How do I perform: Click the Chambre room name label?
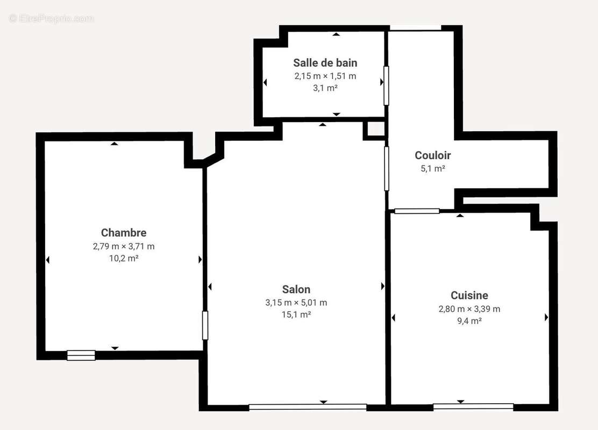point(124,233)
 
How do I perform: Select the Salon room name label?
point(296,290)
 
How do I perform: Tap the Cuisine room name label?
point(469,296)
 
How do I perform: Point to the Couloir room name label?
point(432,156)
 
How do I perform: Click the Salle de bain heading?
point(325,63)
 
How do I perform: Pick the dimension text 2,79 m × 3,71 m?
point(124,246)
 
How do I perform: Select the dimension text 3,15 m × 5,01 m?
point(296,303)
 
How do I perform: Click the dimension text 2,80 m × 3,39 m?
point(469,309)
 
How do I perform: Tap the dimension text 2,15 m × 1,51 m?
point(325,76)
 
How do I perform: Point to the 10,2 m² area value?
point(124,258)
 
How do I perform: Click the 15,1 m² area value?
point(296,314)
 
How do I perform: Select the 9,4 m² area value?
point(469,321)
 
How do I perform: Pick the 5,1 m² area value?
point(432,168)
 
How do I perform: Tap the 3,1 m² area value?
point(325,88)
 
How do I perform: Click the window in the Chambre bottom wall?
point(81,355)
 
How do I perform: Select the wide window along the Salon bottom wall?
point(308,407)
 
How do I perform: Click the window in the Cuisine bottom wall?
point(473,406)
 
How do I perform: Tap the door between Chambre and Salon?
point(205,325)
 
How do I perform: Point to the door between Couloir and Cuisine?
point(417,211)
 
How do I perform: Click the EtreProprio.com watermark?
point(51,18)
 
